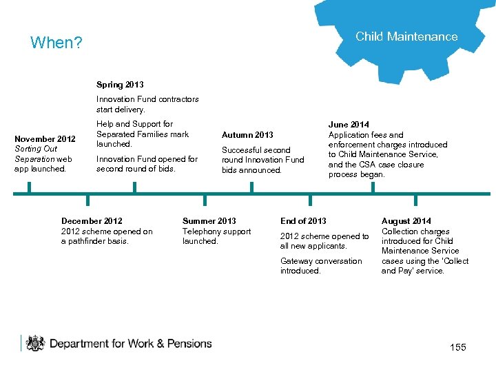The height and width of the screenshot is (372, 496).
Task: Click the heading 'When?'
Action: (x=56, y=43)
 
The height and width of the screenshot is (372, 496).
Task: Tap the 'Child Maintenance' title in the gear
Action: (x=406, y=37)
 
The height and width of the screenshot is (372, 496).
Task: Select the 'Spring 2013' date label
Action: (x=120, y=85)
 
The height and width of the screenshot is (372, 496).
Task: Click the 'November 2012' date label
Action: (x=45, y=139)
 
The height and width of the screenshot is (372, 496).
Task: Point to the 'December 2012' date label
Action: (x=92, y=221)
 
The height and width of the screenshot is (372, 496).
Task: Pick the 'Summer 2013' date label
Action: (x=209, y=221)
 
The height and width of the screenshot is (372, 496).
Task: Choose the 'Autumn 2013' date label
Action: (x=247, y=135)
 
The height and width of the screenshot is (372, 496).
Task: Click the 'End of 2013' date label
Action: (x=303, y=221)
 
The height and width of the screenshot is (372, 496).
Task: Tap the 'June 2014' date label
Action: (x=349, y=125)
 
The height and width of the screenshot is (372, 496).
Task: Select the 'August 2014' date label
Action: (x=406, y=221)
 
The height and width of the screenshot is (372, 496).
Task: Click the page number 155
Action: (x=458, y=347)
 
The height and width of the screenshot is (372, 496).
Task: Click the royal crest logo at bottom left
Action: (x=34, y=343)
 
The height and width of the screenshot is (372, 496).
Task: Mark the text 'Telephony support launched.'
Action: (x=216, y=236)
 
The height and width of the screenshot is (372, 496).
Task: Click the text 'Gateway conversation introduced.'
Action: (x=320, y=266)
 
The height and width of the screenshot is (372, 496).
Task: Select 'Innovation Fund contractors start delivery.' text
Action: (x=147, y=104)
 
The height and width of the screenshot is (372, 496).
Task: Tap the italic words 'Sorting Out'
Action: (x=36, y=149)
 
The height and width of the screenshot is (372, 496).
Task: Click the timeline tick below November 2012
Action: (x=29, y=188)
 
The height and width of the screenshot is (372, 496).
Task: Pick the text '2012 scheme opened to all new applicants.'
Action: (x=324, y=241)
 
